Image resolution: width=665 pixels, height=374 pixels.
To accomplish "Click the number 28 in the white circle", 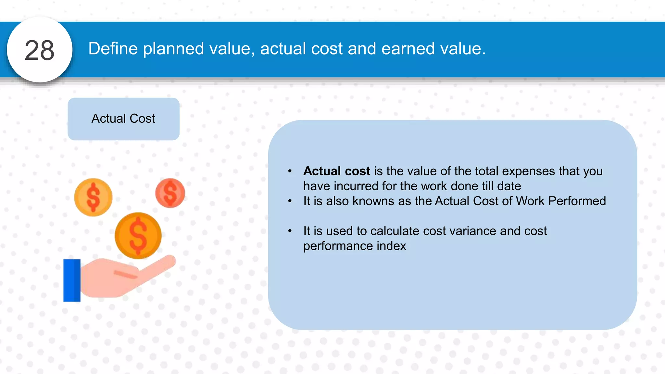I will point(39,50).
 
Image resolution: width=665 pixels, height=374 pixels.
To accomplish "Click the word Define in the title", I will point(113,49).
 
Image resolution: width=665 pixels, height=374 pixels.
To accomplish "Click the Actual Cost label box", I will point(123,119).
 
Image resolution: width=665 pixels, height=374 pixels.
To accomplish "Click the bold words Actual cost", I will point(336,171).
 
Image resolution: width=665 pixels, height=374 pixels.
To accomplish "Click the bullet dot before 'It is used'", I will point(290,231).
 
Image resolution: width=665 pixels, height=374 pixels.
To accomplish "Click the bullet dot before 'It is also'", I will point(290,201).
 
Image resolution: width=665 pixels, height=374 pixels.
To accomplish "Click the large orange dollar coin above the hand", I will point(138,235).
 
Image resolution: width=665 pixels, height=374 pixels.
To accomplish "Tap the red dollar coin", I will point(170,193).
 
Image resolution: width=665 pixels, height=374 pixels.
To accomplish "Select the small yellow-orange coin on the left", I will point(93,197).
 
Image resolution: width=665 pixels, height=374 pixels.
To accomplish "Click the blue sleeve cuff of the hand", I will point(72,280).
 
